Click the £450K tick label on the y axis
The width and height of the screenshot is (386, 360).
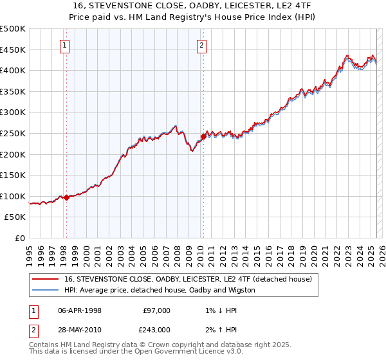click(x=13, y=50)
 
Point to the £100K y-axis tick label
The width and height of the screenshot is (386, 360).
click(x=13, y=196)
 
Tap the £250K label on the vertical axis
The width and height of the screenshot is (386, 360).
click(x=13, y=133)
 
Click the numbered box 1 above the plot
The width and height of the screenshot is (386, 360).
click(x=66, y=45)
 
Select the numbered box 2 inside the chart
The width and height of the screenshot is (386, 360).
click(x=202, y=45)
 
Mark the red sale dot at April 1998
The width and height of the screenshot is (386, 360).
click(x=66, y=197)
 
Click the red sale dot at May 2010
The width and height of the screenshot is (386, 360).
click(x=203, y=136)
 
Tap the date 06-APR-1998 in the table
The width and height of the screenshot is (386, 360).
click(x=79, y=310)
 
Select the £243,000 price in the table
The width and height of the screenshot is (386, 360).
click(x=156, y=329)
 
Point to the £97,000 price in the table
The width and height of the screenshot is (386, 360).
click(x=156, y=310)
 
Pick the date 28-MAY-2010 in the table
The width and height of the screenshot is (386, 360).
click(x=79, y=329)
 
